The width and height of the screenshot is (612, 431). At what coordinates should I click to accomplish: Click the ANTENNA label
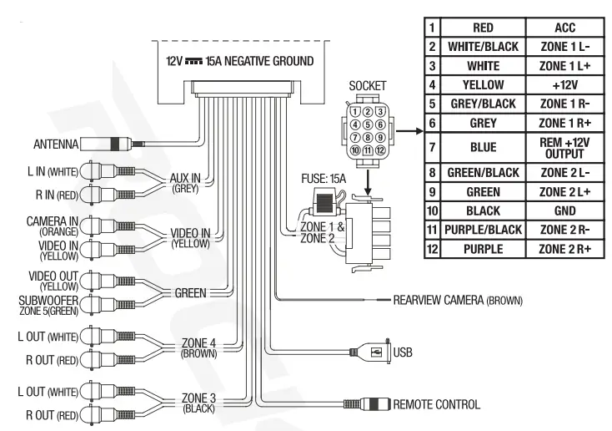tap(54, 144)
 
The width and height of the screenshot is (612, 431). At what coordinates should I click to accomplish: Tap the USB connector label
tap(402, 352)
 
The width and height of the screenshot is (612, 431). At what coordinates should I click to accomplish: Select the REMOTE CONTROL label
tap(436, 404)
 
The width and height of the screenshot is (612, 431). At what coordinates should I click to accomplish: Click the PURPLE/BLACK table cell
tap(484, 229)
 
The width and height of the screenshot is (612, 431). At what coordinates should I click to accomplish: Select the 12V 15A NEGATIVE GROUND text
tap(239, 62)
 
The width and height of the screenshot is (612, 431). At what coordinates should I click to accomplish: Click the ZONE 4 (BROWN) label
tap(198, 347)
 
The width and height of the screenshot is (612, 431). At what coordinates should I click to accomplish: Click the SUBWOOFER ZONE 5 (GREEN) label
tap(53, 303)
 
